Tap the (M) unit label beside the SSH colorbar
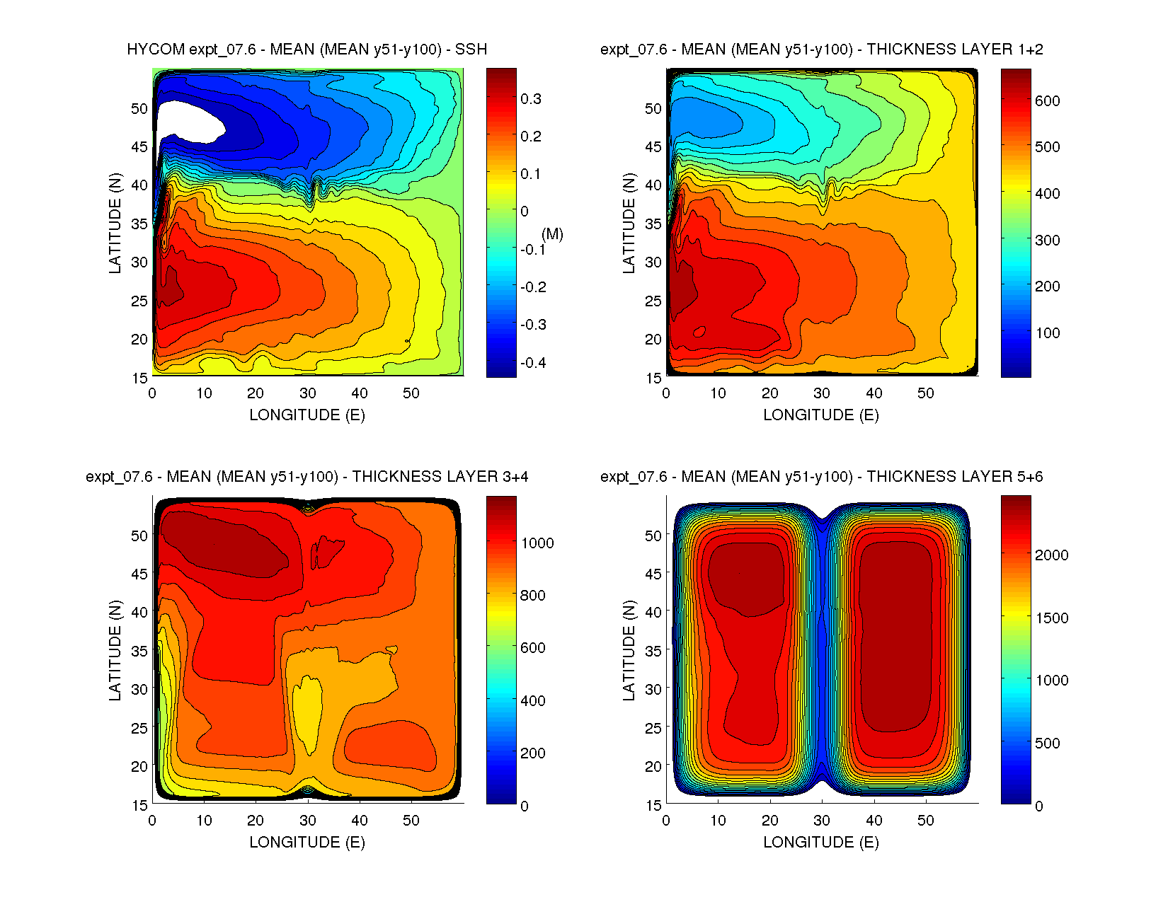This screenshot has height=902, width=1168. [x=552, y=234]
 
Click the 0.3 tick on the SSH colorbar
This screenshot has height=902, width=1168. [x=531, y=99]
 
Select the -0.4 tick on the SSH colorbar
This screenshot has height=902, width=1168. [x=533, y=363]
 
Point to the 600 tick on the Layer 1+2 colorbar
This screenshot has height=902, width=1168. [x=1047, y=101]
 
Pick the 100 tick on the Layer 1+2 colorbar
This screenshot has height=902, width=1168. [x=1047, y=333]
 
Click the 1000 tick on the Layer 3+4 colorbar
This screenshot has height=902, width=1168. [x=537, y=543]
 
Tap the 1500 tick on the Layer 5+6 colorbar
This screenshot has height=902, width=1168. [x=1051, y=618]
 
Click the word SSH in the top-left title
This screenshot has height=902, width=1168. [x=471, y=50]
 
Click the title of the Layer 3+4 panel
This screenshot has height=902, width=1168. [x=307, y=477]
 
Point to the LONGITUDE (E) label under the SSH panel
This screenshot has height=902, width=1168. [x=307, y=415]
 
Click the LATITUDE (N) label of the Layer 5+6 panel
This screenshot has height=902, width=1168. [x=629, y=650]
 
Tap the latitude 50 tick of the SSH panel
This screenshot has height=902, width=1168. [x=139, y=109]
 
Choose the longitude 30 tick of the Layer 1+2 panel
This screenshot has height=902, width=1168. [x=822, y=393]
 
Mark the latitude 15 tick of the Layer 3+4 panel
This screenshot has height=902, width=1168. [x=139, y=805]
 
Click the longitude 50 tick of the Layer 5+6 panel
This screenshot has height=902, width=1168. [x=926, y=821]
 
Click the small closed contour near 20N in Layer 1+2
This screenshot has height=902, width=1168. [x=700, y=331]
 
